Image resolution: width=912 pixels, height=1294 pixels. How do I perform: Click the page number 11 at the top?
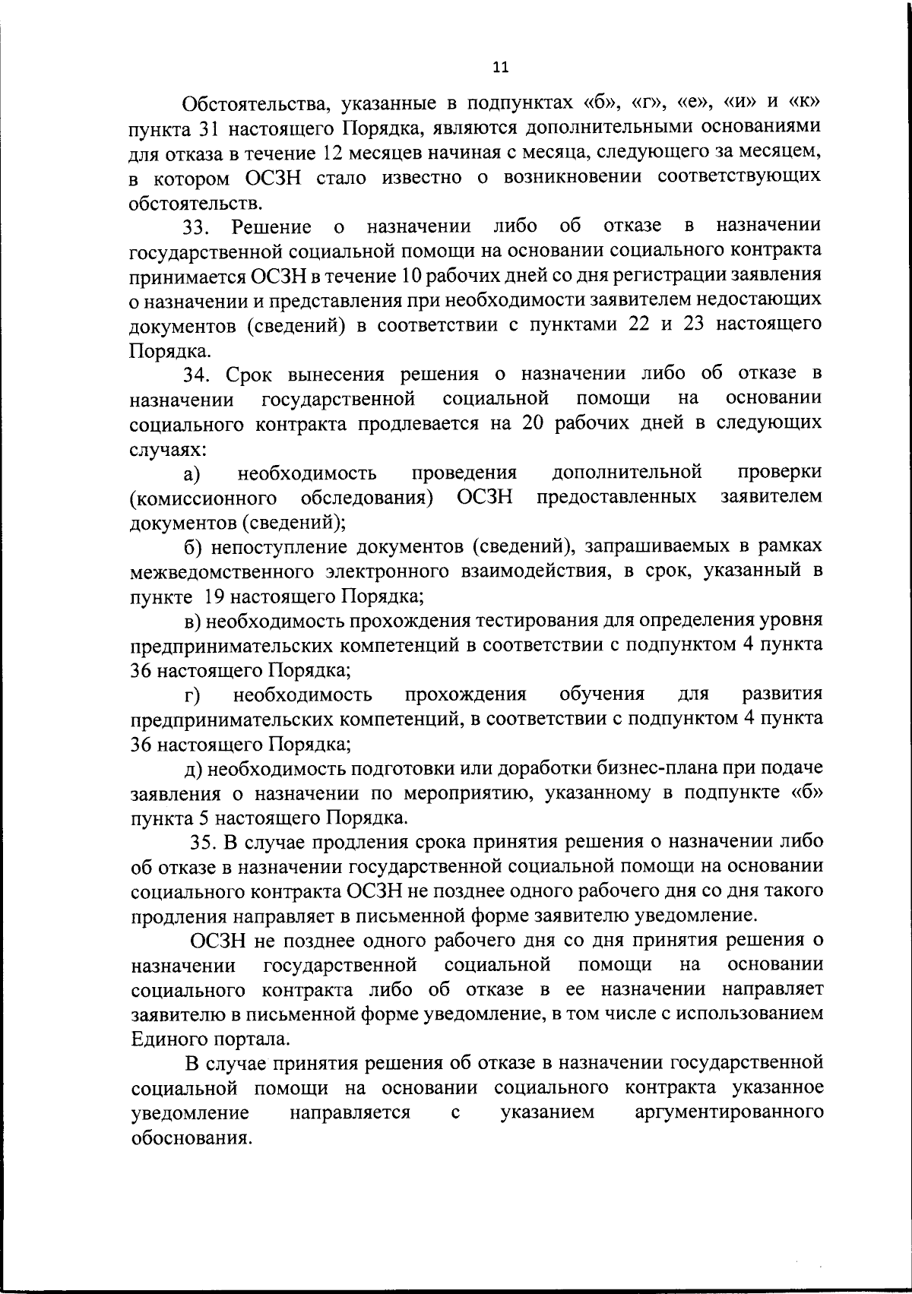500,67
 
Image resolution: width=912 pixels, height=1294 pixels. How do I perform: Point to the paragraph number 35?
204,843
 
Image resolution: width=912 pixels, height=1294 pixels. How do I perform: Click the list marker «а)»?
192,473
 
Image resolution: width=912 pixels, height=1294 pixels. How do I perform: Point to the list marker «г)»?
192,695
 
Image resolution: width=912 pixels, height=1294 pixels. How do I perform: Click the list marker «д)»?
193,769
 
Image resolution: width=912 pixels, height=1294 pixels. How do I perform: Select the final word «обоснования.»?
192,1137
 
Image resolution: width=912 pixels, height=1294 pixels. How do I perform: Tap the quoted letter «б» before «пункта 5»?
807,793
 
